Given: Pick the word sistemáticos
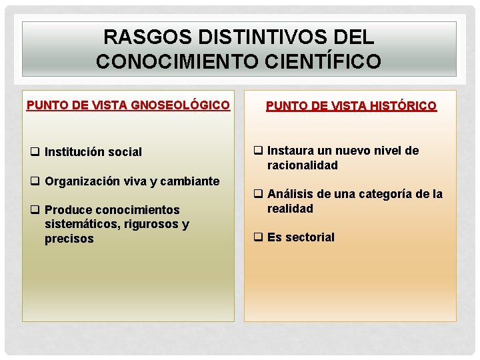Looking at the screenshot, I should click(81, 224).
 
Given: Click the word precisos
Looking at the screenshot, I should click(69, 239).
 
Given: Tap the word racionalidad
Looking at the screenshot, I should click(303, 165).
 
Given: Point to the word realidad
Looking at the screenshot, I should click(290, 209).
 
